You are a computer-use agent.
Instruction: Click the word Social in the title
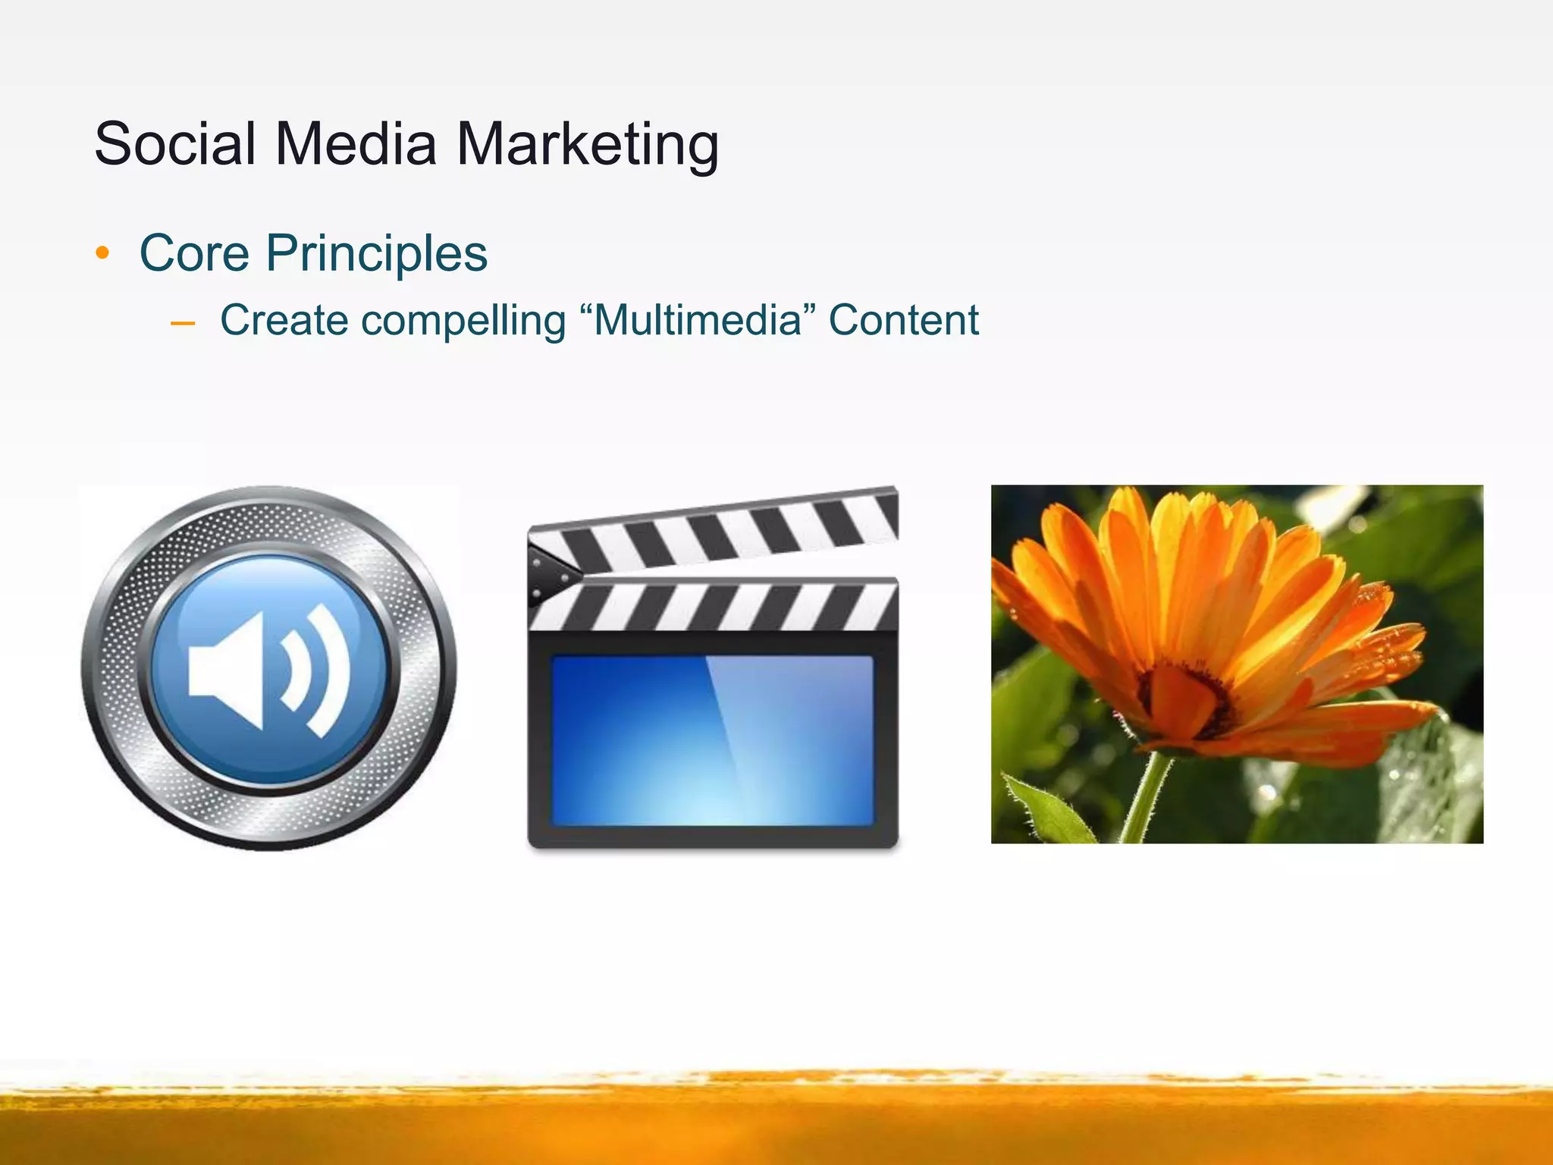point(175,143)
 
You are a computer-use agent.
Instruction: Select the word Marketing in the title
point(587,145)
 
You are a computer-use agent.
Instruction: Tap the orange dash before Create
point(183,324)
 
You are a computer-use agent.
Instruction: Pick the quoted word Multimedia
point(697,320)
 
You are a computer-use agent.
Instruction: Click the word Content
point(903,320)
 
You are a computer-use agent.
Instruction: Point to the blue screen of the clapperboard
point(712,740)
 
